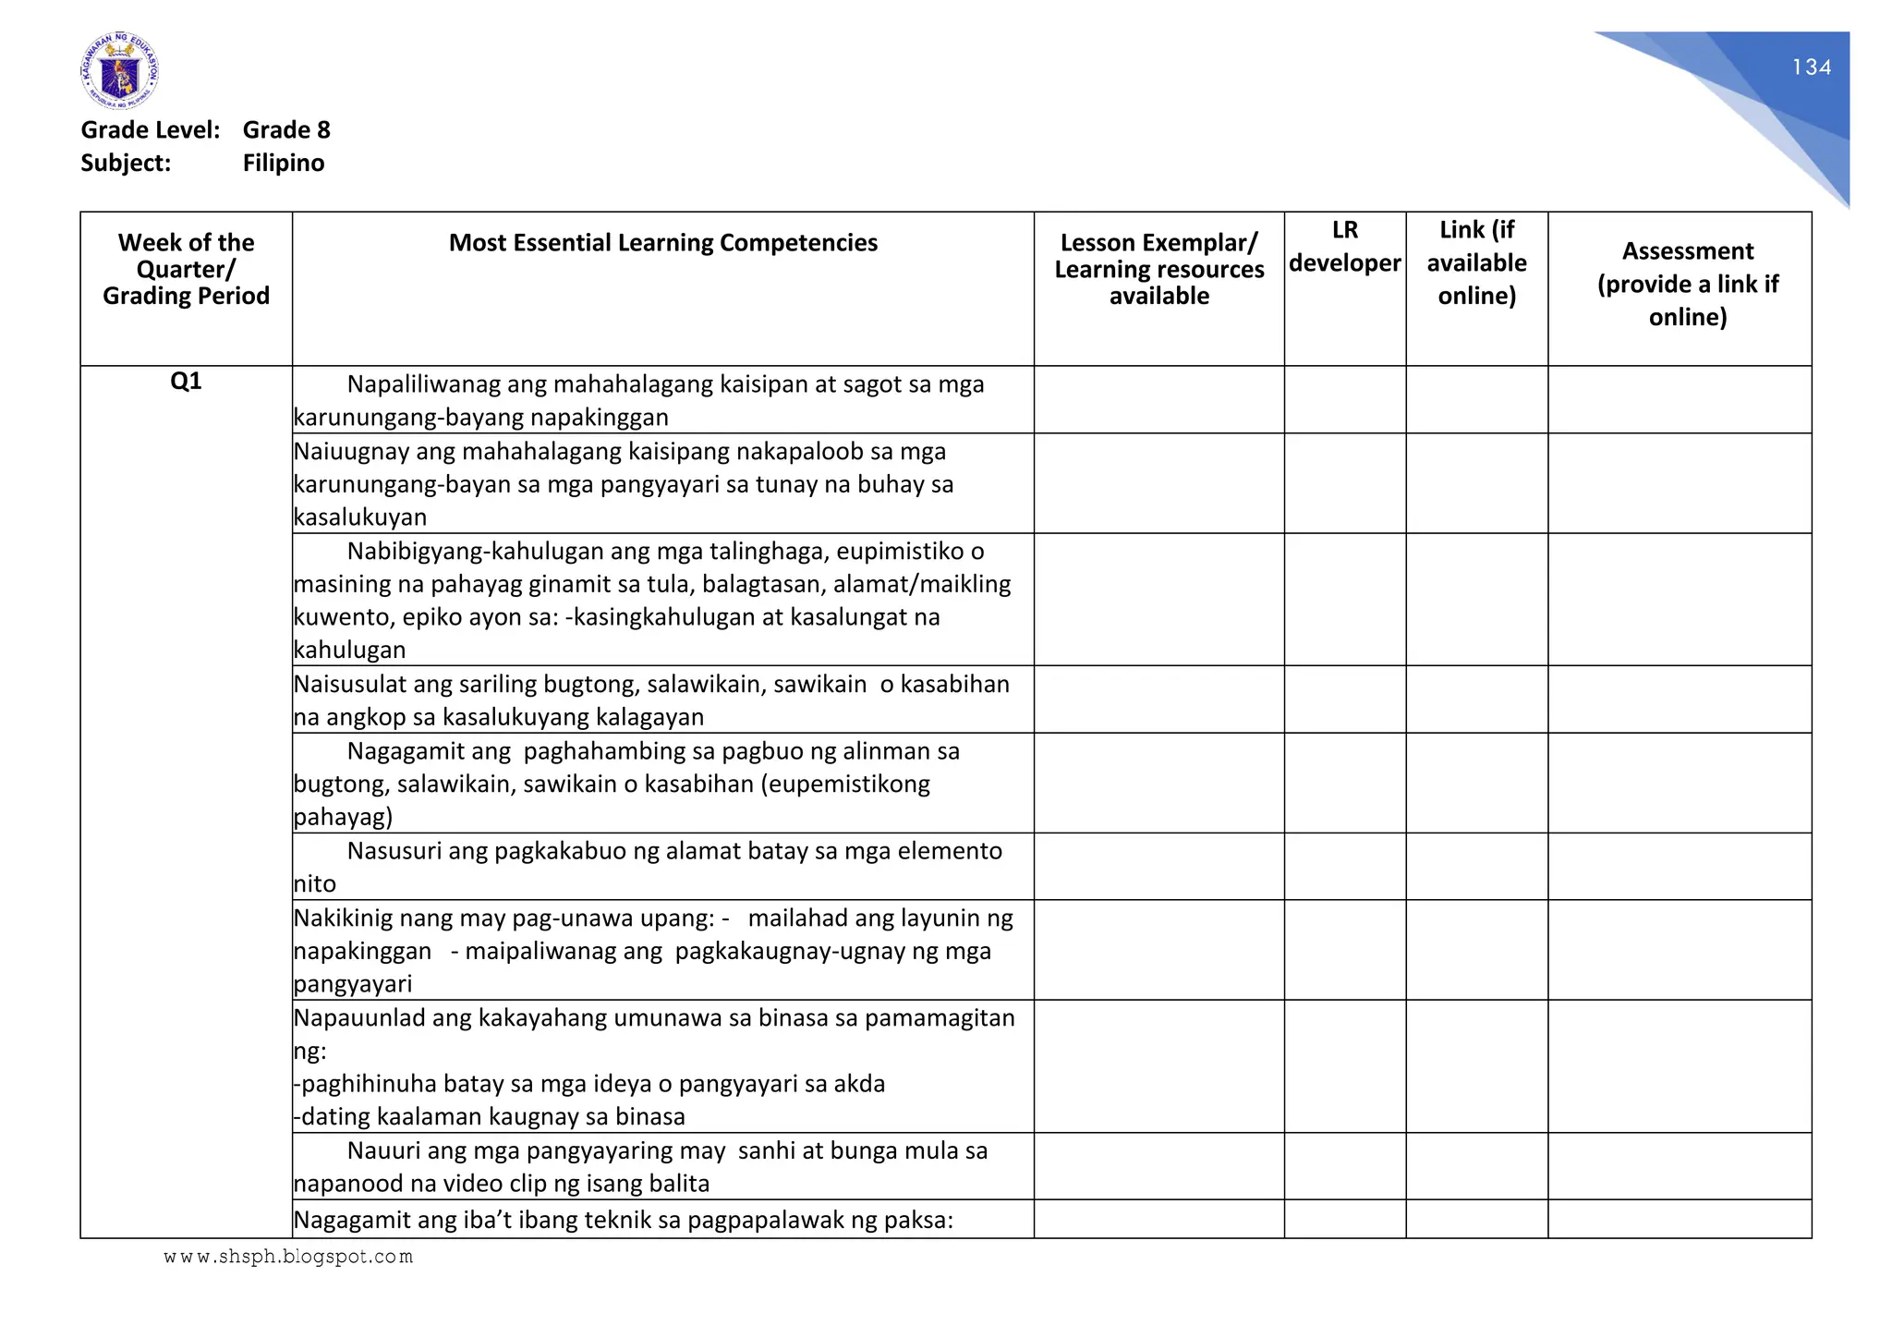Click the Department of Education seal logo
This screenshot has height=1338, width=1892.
tap(119, 71)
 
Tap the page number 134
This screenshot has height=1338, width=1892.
tap(1811, 67)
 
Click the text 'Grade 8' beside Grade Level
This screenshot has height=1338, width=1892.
tap(286, 130)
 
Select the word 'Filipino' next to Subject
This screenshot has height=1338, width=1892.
tap(284, 164)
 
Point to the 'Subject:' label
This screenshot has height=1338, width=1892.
tap(126, 164)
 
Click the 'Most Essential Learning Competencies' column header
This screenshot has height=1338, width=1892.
tap(662, 243)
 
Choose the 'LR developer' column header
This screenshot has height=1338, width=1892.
tap(1344, 247)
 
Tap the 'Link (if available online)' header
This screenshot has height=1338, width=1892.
tap(1476, 262)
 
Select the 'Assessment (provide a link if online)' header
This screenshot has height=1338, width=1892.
tap(1687, 284)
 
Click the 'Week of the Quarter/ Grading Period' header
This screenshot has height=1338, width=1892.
tap(186, 269)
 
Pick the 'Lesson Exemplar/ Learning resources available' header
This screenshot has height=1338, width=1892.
tap(1158, 269)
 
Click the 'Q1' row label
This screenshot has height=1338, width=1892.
tap(186, 382)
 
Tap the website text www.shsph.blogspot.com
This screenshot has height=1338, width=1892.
tap(288, 1257)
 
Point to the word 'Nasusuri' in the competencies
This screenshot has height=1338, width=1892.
tap(394, 851)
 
